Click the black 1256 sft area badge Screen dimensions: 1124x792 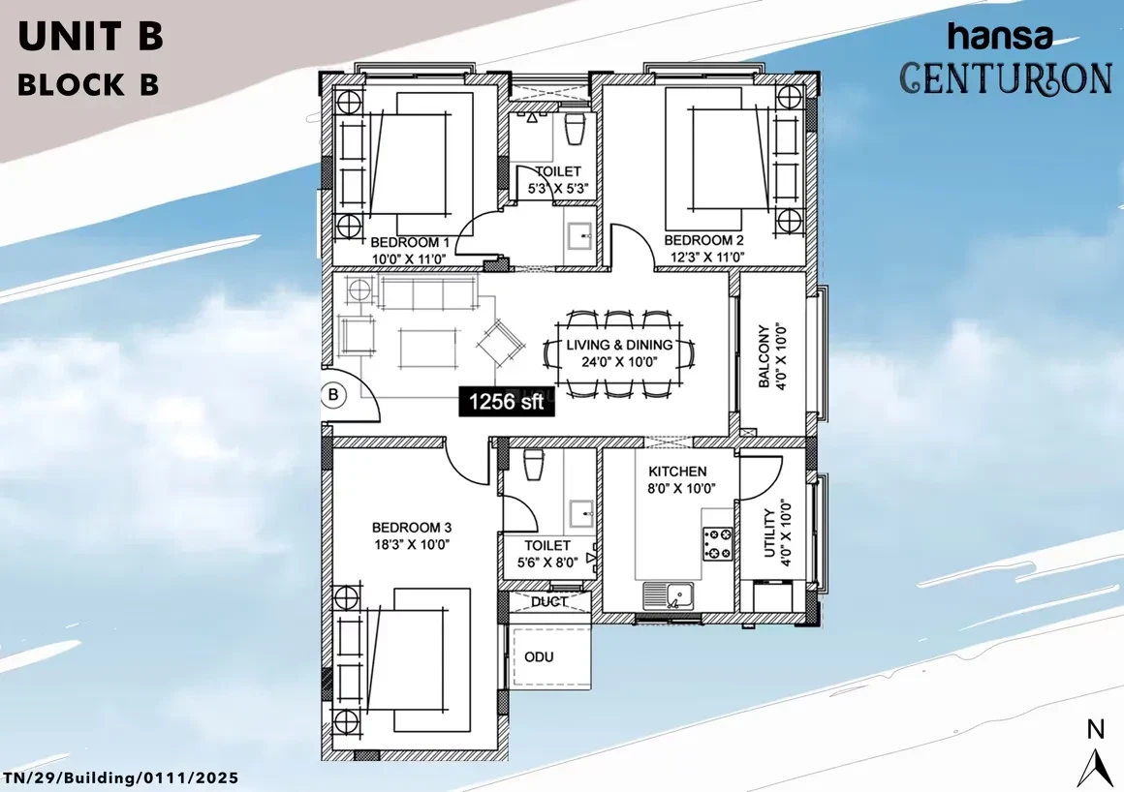[x=506, y=401]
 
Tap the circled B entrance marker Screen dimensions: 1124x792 [x=333, y=395]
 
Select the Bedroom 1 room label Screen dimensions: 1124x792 [x=409, y=242]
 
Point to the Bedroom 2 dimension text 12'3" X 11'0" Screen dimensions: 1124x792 [x=706, y=257]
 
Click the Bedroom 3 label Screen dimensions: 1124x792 [x=412, y=528]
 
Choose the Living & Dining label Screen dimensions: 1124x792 [x=619, y=345]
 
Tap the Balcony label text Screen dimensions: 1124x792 [x=765, y=356]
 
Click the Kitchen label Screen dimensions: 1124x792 [x=677, y=472]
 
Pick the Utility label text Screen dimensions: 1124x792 [x=770, y=533]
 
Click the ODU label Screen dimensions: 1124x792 [x=539, y=656]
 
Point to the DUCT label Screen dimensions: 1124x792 [x=549, y=602]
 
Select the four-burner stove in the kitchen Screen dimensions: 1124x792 [x=718, y=543]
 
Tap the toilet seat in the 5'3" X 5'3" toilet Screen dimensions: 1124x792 [x=575, y=130]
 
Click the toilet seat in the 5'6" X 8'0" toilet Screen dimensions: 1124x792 [x=534, y=464]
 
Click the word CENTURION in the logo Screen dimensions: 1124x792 [x=1006, y=78]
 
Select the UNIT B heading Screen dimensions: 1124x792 [x=90, y=37]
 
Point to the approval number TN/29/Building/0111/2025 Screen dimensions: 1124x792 [x=120, y=777]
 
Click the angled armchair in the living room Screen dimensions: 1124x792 [x=500, y=343]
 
